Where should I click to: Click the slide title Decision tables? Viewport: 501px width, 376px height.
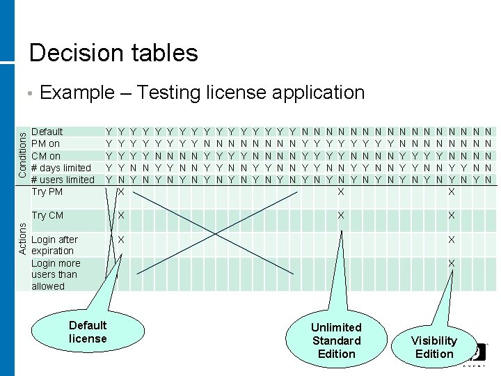coord(113,53)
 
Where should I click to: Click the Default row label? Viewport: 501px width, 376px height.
coord(47,132)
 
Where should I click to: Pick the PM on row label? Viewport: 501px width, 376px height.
coord(46,143)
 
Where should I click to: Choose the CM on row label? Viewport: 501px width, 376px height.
coord(46,155)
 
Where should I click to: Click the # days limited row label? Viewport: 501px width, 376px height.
coord(61,168)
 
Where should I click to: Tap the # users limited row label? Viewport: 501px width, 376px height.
coord(63,180)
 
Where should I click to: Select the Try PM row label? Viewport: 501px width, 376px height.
coord(47,191)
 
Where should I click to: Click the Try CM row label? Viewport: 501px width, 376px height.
coord(47,216)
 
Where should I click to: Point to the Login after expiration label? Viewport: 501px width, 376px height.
coord(54,245)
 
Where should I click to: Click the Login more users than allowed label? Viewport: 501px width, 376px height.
coord(56,274)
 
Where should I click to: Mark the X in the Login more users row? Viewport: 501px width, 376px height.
coord(451,263)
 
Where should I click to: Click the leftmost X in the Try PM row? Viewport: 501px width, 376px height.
coord(121,191)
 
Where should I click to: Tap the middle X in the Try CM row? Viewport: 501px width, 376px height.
coord(340,216)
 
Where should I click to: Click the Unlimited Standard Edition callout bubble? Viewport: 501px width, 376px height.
coord(336,340)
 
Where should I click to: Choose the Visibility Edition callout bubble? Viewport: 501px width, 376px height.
coord(434,347)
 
